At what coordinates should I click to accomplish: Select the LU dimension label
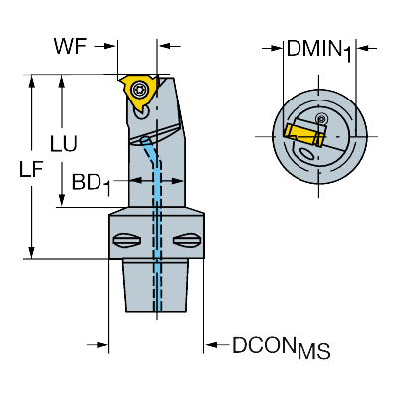pyautogui.click(x=62, y=144)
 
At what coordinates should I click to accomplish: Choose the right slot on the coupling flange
pyautogui.click(x=186, y=239)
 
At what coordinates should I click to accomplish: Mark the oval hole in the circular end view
pyautogui.click(x=310, y=155)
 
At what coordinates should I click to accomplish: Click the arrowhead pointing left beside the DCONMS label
pyautogui.click(x=210, y=346)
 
